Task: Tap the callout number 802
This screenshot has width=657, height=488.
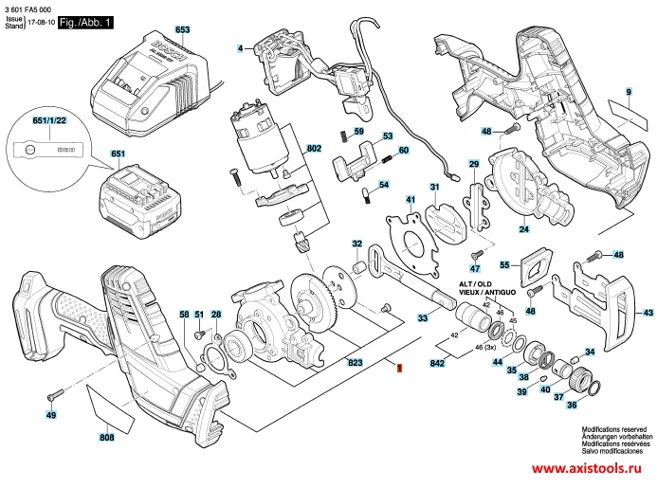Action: point(314,149)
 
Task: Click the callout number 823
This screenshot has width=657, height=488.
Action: point(329,364)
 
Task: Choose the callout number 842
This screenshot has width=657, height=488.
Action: point(438,364)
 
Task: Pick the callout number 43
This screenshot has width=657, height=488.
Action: point(648,313)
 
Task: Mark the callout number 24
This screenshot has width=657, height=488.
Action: point(522,228)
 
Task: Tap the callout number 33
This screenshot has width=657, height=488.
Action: point(422,320)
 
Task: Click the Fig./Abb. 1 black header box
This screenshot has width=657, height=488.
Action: point(84,20)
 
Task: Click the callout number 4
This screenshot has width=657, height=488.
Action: point(241,47)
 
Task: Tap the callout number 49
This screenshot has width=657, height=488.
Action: point(50,415)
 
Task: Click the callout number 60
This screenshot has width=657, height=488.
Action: point(403,150)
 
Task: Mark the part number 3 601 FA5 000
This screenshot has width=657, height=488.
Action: point(29,8)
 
